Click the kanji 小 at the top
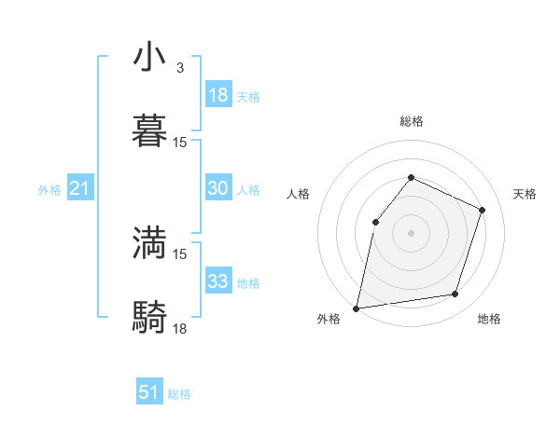tap(150, 58)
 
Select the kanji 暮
tap(150, 131)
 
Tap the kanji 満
tap(150, 243)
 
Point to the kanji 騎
tap(150, 317)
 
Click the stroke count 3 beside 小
tap(180, 68)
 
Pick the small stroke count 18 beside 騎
tap(180, 328)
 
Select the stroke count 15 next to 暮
tap(180, 143)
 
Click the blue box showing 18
tap(218, 95)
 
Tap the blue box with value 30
tap(218, 188)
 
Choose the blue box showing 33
tap(218, 281)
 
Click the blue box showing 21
tap(80, 189)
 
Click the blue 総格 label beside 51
tap(179, 394)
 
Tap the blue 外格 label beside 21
tap(49, 190)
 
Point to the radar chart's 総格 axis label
tap(411, 121)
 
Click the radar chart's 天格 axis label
tap(525, 194)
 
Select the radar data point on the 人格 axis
tap(375, 222)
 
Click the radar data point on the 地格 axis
tap(455, 294)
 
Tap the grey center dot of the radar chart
tap(411, 233)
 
